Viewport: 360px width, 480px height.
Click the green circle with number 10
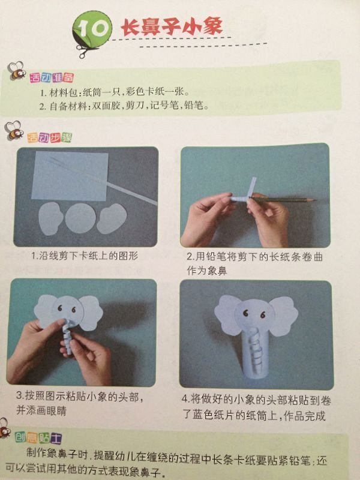point(91,29)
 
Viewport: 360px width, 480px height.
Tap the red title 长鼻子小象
point(172,27)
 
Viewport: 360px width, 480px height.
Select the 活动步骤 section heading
point(50,137)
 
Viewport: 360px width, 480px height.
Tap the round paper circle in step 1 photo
point(80,218)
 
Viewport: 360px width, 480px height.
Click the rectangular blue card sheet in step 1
point(70,176)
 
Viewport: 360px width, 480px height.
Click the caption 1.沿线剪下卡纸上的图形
point(85,256)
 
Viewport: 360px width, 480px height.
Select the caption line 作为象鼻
point(207,271)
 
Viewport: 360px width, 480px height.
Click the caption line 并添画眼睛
point(41,410)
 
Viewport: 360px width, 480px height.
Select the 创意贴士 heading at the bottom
point(38,438)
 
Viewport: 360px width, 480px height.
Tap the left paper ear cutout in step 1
point(50,218)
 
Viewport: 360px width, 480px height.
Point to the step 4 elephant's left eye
point(245,313)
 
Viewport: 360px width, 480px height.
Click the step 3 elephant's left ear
point(44,310)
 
